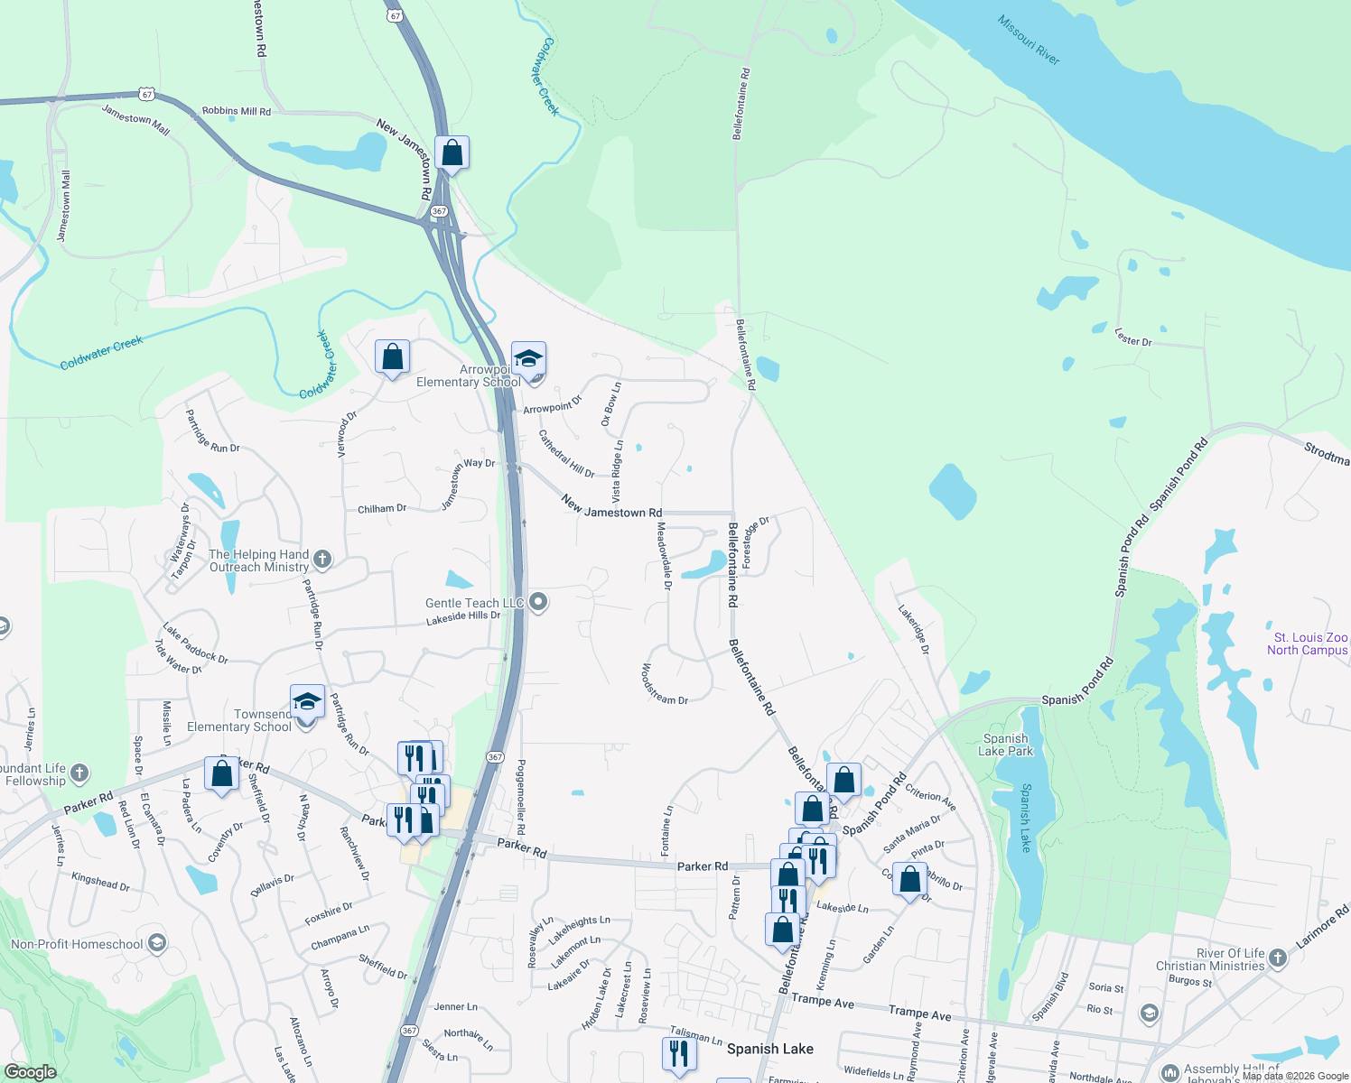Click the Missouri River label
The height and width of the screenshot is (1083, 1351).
click(1029, 40)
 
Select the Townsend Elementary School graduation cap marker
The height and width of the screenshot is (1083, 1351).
click(307, 702)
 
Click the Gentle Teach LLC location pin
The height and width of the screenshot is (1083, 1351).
click(538, 602)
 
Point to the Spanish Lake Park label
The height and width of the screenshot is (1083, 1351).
click(1005, 745)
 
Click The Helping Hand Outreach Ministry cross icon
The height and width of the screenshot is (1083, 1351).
click(322, 560)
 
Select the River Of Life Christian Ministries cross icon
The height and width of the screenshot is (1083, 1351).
click(1277, 958)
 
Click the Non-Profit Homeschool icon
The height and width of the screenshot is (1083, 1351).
click(157, 944)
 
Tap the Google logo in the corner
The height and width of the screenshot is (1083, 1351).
click(30, 1071)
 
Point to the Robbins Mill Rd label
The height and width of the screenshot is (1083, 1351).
click(236, 111)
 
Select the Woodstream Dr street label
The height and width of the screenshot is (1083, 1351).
click(665, 684)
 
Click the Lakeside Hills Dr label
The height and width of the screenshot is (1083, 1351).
click(463, 617)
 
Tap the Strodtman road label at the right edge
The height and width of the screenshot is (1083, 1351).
click(1326, 453)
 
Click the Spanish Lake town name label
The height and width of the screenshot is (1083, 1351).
click(769, 1049)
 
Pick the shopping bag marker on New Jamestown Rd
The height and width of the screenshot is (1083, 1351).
click(452, 153)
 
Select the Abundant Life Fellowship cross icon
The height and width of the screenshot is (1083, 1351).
click(79, 773)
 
